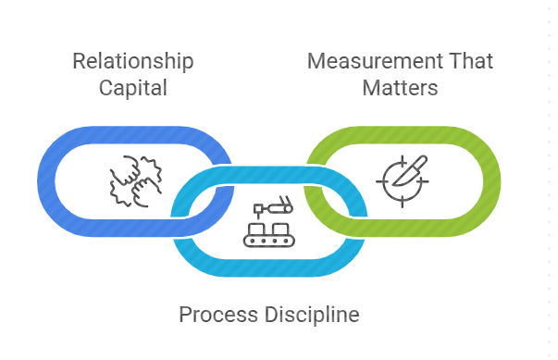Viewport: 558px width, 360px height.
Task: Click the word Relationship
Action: coord(133,61)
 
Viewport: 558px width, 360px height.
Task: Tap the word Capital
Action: coord(133,88)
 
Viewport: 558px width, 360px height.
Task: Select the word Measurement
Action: coord(372,61)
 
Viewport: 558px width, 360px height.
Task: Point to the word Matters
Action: coord(400,88)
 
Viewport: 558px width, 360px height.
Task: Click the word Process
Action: coord(218,315)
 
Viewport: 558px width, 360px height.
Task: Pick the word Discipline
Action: coord(312,315)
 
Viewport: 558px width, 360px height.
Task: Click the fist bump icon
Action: coord(136,181)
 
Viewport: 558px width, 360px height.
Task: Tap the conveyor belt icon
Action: coord(269,221)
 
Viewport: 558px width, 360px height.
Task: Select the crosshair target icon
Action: coord(403,181)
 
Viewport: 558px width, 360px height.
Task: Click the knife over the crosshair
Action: coord(410,171)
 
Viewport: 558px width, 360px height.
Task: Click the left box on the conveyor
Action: coord(258,230)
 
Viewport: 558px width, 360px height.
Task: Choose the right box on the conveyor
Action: coord(280,230)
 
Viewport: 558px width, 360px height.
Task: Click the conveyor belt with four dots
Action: coord(269,241)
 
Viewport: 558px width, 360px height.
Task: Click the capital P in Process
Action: coord(185,315)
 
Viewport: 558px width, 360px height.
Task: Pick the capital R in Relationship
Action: coord(79,61)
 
